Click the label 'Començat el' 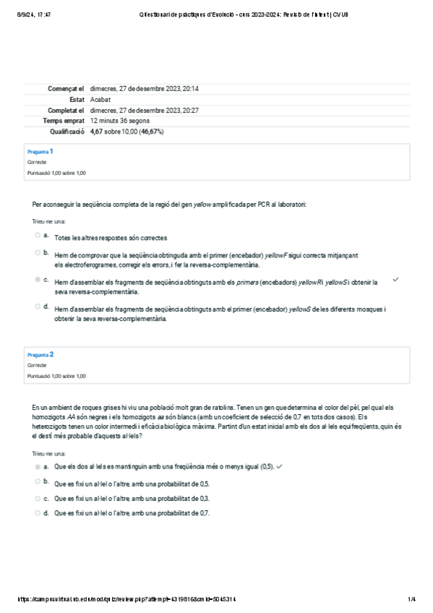pos(67,88)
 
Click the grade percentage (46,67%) pos(151,132)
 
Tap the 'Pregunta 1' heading pos(40,152)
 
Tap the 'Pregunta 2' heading pos(40,354)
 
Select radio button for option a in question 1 pos(38,235)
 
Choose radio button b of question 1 pos(38,253)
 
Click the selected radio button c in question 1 pos(38,279)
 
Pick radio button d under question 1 pos(38,306)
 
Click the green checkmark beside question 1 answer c pos(395,278)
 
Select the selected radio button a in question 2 pos(38,467)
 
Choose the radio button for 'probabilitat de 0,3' pos(38,499)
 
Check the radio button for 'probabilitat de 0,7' pos(38,513)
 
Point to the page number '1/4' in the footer pos(411,599)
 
